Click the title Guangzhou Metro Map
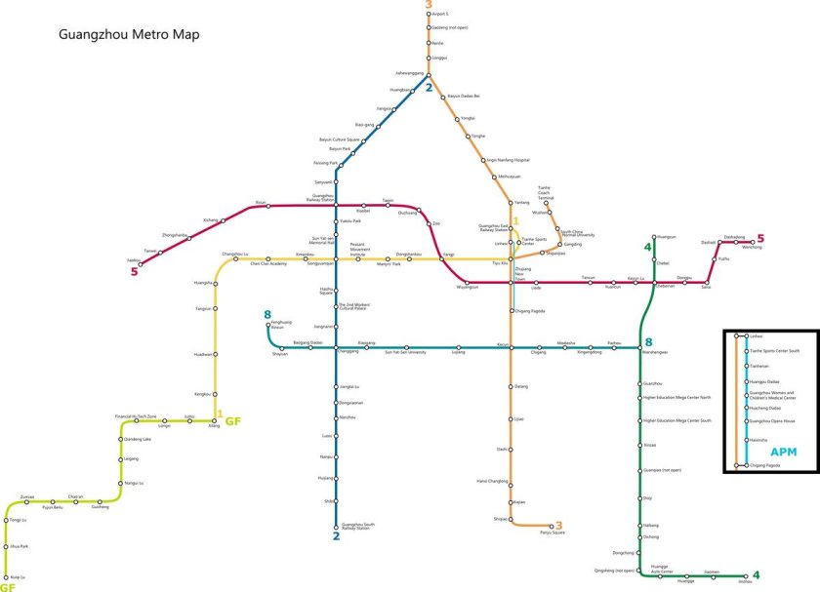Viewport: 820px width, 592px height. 129,34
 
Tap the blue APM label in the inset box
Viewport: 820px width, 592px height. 783,451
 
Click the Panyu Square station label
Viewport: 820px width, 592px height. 553,533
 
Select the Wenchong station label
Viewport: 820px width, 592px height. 752,247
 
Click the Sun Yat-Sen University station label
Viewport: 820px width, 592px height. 404,351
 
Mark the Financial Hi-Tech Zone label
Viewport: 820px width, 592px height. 135,416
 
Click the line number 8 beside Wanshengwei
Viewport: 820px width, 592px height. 647,341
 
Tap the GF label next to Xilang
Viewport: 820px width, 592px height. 233,421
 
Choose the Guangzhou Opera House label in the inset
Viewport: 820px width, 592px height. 771,420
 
